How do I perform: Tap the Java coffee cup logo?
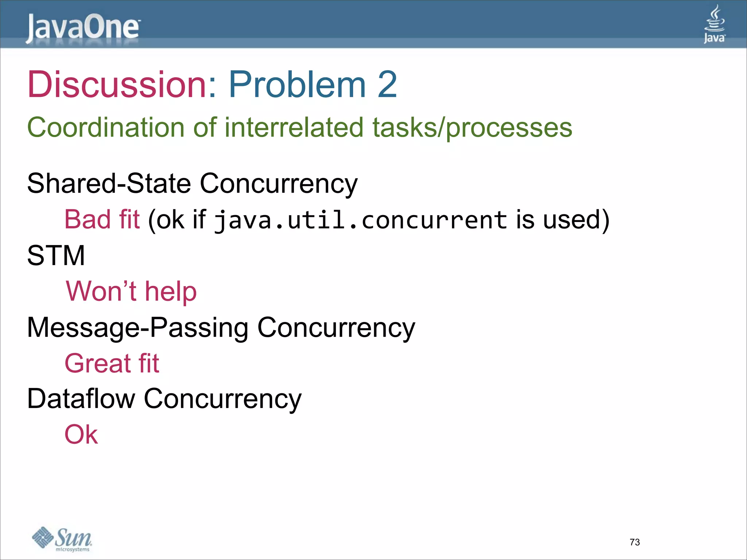pos(714,24)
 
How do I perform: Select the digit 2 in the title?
pos(387,85)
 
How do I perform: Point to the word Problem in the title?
pos(297,85)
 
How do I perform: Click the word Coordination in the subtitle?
pos(106,128)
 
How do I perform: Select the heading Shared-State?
pos(109,183)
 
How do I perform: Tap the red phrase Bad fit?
pos(102,219)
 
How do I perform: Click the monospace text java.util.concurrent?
pos(360,220)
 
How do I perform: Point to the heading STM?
pos(56,255)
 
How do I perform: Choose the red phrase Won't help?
pos(131,291)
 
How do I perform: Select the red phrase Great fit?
pos(112,363)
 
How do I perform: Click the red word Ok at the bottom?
pos(81,435)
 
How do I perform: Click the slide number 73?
pos(635,542)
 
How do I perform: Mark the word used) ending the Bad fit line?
pos(576,220)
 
